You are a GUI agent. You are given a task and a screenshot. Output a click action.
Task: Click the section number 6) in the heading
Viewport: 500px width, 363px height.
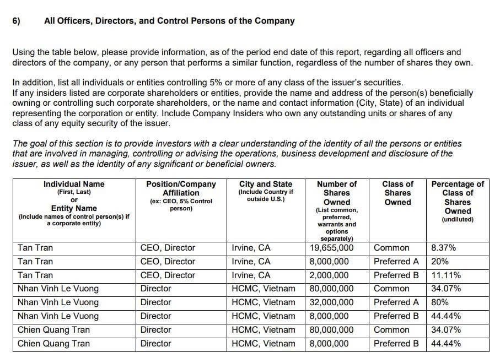(x=16, y=21)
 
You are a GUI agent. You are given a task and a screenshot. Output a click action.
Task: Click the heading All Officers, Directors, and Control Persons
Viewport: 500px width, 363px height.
(x=169, y=21)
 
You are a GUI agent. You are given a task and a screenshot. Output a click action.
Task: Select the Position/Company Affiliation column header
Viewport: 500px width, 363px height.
(x=181, y=188)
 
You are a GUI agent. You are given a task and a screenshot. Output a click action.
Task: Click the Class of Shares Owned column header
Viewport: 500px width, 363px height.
(x=397, y=193)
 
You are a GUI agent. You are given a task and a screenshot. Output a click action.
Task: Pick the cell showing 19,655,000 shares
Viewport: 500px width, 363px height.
(x=331, y=248)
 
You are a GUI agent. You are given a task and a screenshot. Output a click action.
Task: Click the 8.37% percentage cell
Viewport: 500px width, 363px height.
(x=443, y=248)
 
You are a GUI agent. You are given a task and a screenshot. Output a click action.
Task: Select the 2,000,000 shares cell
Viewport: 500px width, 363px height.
(x=329, y=275)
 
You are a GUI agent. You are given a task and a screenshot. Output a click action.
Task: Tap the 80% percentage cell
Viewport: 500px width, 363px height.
(x=440, y=302)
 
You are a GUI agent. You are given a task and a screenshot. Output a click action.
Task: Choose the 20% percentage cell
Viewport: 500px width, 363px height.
(x=440, y=262)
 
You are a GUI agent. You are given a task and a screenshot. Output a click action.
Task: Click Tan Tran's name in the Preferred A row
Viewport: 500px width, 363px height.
(x=35, y=262)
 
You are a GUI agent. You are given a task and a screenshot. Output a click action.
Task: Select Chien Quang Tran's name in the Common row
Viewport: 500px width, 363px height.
(x=53, y=330)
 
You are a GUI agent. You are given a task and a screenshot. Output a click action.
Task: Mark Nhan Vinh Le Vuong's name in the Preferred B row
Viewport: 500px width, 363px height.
(x=58, y=316)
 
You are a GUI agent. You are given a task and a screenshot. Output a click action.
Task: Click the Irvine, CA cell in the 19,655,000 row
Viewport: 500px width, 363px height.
(x=251, y=248)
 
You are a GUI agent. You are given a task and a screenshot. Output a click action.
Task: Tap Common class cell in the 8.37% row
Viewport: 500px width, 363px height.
(x=391, y=248)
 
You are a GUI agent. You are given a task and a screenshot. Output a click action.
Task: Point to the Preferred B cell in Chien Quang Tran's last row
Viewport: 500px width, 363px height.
(x=396, y=344)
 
